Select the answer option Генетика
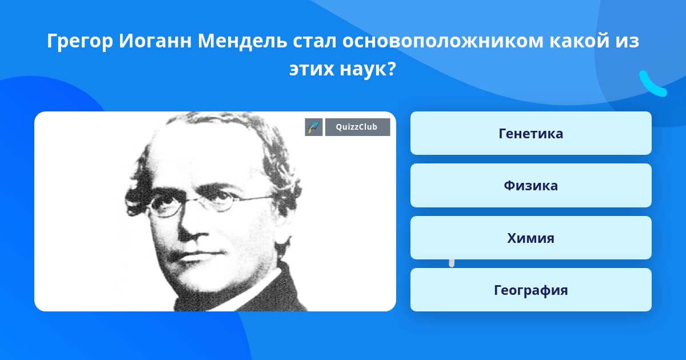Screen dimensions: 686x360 [531, 133]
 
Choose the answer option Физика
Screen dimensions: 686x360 [531, 186]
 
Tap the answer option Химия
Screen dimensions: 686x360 [531, 238]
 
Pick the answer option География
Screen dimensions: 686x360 [531, 290]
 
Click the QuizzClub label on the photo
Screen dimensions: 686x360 [357, 127]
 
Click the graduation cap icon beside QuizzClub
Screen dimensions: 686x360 [314, 127]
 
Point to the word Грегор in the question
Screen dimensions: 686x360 [80, 41]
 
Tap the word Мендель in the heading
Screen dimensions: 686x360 [242, 41]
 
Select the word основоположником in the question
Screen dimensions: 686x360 [443, 41]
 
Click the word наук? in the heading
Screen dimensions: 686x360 [368, 69]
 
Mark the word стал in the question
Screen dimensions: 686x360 [315, 41]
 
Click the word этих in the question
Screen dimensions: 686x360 [312, 69]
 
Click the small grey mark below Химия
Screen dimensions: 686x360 [452, 263]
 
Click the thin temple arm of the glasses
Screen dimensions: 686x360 [254, 199]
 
